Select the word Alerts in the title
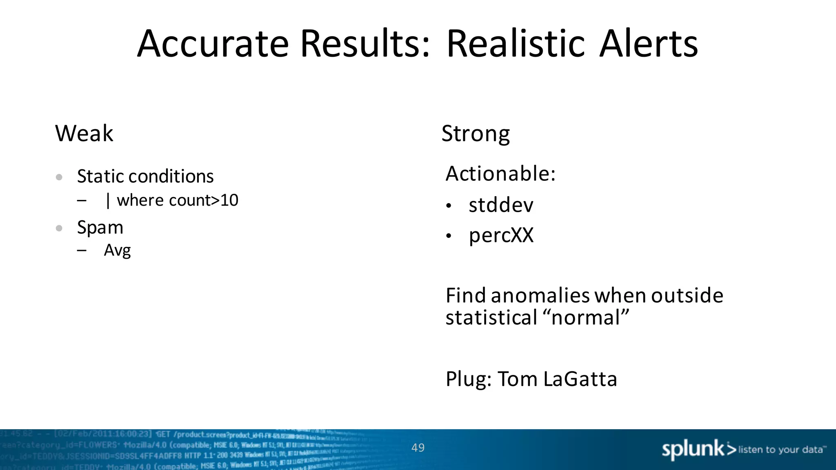(x=649, y=44)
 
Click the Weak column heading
(x=84, y=133)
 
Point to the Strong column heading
(x=476, y=133)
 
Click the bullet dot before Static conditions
(x=59, y=177)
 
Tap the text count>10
(x=203, y=200)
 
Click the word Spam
(x=100, y=227)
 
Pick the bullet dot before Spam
(x=59, y=228)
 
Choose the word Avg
(x=117, y=250)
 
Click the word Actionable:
(x=500, y=173)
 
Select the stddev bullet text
(x=501, y=204)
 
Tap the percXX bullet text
(x=501, y=235)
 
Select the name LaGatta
(x=580, y=379)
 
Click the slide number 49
(x=418, y=448)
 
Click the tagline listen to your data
(x=780, y=450)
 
